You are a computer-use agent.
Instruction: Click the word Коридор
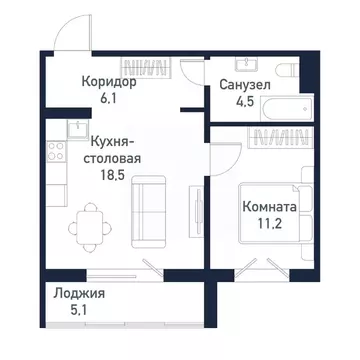(109, 83)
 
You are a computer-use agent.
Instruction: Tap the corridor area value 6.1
(109, 99)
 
